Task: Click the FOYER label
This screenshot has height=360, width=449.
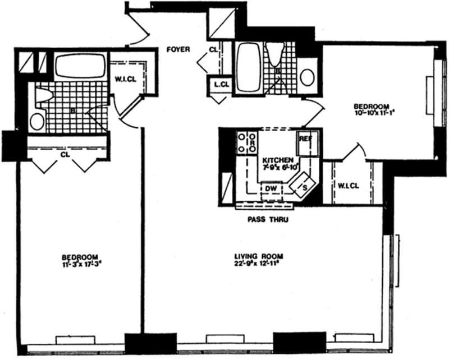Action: tap(178, 49)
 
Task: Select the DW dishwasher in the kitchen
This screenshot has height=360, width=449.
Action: tap(271, 189)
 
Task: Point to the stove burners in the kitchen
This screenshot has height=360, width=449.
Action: tap(247, 142)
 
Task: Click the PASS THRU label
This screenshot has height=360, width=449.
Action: tap(267, 220)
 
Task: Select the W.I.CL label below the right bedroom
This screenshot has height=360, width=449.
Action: tap(346, 186)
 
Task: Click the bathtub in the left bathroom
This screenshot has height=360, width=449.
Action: tap(80, 66)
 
